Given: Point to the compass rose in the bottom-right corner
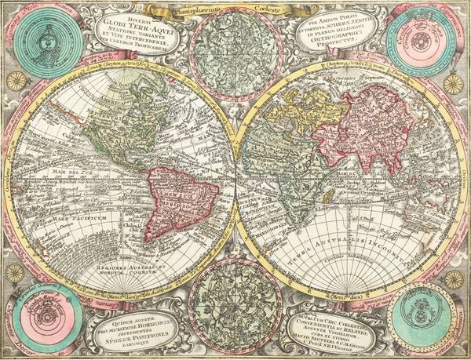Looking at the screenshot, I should (x=455, y=279).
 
